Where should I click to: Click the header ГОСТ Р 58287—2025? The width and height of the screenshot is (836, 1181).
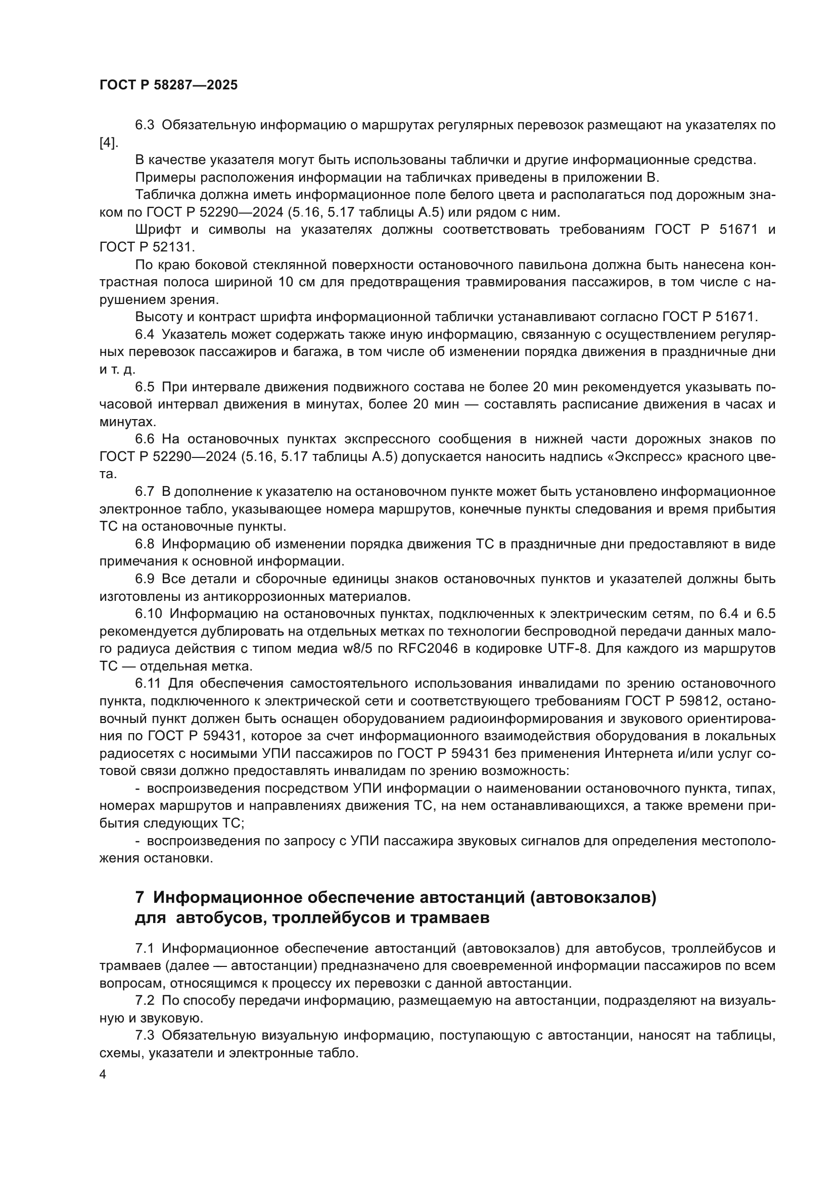[168, 85]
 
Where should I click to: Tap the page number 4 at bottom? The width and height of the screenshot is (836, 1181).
[103, 1074]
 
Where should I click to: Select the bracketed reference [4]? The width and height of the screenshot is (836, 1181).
[108, 142]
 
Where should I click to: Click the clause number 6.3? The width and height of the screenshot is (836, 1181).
[145, 125]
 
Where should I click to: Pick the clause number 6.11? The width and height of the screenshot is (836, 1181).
[148, 684]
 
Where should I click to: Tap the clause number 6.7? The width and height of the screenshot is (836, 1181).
[145, 492]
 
